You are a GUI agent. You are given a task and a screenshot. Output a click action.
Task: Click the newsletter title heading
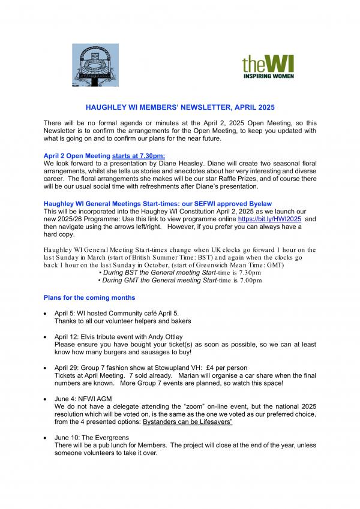pyautogui.click(x=179, y=107)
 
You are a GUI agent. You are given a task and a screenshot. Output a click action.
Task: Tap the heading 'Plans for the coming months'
pyautogui.click(x=89, y=298)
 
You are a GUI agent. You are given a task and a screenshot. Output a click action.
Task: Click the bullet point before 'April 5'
pyautogui.click(x=46, y=314)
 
